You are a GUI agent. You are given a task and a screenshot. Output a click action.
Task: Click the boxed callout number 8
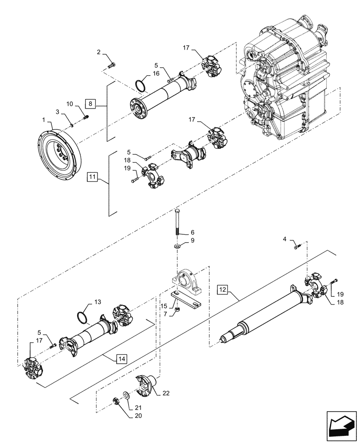tap(90, 104)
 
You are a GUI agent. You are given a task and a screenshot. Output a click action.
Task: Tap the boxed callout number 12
tap(223, 290)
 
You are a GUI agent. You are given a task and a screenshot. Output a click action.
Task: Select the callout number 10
tap(70, 104)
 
